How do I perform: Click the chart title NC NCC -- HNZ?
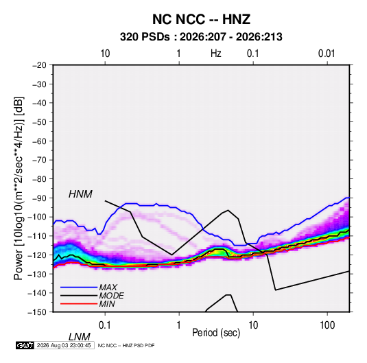pos(201,19)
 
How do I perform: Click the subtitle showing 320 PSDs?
pos(201,37)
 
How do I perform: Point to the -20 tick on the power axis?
pos(39,65)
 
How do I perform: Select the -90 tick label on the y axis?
pos(39,198)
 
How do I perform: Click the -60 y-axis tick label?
pos(39,141)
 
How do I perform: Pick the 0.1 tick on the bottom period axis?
pos(105,325)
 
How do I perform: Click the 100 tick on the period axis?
pos(327,325)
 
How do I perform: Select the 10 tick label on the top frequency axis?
pos(105,54)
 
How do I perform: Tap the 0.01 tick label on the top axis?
pos(327,54)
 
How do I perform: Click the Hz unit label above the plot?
pos(216,54)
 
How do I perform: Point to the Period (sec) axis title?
pos(216,333)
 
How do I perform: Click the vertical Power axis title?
pos(19,188)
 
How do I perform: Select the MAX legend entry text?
pos(108,288)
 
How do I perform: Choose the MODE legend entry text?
pos(111,296)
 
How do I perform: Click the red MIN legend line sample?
pos(79,304)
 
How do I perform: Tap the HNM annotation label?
pos(80,194)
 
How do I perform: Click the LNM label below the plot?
pos(80,337)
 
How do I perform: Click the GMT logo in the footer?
pos(25,345)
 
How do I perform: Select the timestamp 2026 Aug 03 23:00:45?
pos(64,345)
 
